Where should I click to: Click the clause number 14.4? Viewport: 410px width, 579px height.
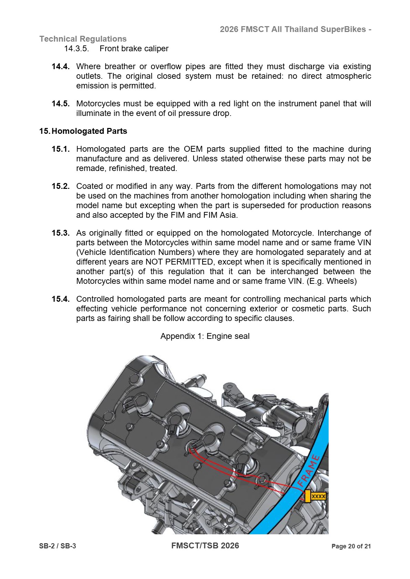point(60,66)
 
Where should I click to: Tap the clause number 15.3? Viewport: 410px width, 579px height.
point(60,233)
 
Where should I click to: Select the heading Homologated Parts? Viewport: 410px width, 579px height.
point(89,131)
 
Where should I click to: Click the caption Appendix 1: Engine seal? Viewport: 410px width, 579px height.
point(205,336)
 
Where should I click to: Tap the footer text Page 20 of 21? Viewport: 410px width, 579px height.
point(351,546)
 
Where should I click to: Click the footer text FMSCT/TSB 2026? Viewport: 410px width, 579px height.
point(205,546)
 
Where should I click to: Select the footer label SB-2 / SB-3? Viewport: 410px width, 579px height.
point(58,546)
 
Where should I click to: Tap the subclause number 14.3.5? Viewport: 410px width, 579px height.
point(76,49)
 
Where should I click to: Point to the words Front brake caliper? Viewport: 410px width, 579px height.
point(134,49)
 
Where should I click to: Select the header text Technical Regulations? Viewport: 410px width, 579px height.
point(83,39)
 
